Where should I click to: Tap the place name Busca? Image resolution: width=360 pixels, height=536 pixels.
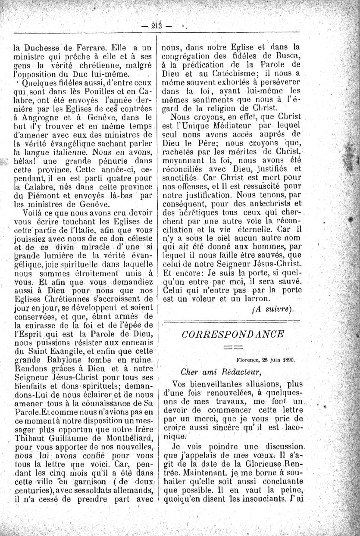click(x=287, y=54)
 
